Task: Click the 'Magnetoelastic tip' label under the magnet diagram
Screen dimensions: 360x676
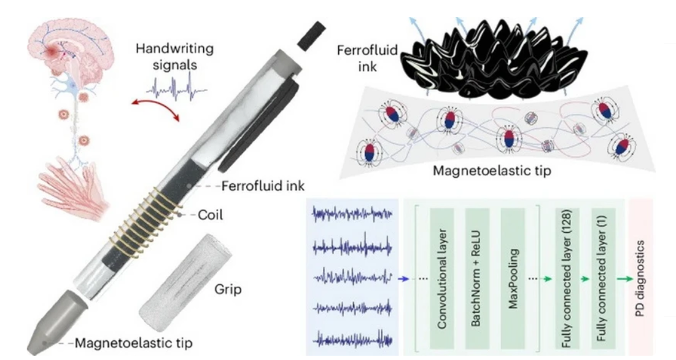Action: coord(478,170)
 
